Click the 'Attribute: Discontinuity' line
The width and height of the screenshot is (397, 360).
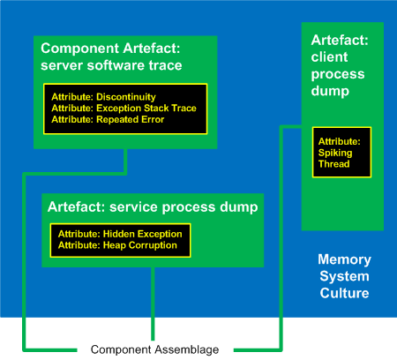pyautogui.click(x=103, y=97)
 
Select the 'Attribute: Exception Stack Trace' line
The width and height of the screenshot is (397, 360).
pyautogui.click(x=124, y=109)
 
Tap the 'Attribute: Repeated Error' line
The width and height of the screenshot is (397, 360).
pyautogui.click(x=108, y=119)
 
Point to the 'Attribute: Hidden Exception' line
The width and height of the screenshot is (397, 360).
pyautogui.click(x=120, y=234)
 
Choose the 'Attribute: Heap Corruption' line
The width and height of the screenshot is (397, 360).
pyautogui.click(x=117, y=245)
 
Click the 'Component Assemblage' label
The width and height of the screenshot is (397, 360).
pyautogui.click(x=154, y=349)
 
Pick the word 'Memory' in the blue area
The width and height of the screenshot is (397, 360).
pyautogui.click(x=344, y=259)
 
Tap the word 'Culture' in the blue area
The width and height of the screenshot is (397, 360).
pyautogui.click(x=344, y=293)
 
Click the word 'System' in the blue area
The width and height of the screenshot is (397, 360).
pyautogui.click(x=344, y=276)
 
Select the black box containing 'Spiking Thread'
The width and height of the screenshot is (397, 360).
pyautogui.click(x=341, y=152)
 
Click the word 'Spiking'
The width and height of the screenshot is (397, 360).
pyautogui.click(x=335, y=153)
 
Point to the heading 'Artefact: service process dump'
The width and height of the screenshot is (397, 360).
pyautogui.click(x=153, y=207)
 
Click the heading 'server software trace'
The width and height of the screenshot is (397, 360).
pyautogui.click(x=111, y=65)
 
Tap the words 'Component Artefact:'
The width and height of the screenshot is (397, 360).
pyautogui.click(x=110, y=49)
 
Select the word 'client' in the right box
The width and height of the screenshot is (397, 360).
pyautogui.click(x=329, y=56)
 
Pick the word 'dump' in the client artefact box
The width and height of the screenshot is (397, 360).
pyautogui.click(x=330, y=91)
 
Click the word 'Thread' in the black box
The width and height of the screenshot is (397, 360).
pyautogui.click(x=333, y=164)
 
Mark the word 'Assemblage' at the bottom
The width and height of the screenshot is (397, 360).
pyautogui.click(x=187, y=349)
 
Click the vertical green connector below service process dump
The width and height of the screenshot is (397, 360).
pyautogui.click(x=153, y=304)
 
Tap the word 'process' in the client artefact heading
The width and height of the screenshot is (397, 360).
pyautogui.click(x=338, y=74)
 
